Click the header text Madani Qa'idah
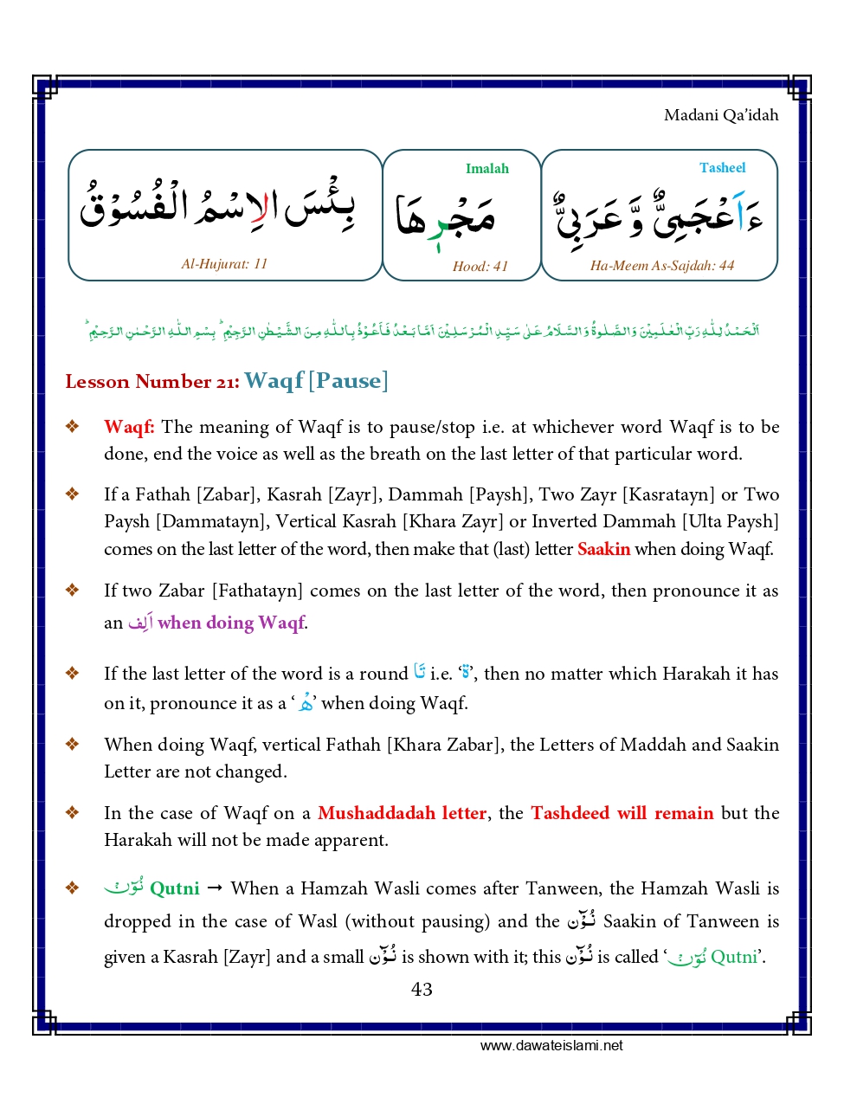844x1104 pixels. tap(720, 115)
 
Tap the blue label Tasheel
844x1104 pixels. tap(722, 168)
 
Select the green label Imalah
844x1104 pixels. tap(486, 169)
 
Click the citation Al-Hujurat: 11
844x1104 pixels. tap(224, 264)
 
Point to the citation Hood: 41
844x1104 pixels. tap(480, 267)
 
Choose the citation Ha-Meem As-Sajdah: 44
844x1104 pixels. tap(661, 266)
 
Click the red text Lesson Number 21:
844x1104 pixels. tap(152, 382)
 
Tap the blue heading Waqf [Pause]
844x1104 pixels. tap(316, 381)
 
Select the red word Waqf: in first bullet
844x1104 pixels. tap(129, 427)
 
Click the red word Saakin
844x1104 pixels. tap(603, 549)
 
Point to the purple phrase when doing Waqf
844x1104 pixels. tap(231, 623)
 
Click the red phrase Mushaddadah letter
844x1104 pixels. tap(402, 813)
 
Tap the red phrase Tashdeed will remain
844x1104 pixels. tap(622, 813)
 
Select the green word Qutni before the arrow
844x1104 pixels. tap(174, 888)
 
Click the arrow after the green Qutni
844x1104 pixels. tap(216, 888)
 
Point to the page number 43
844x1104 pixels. tap(422, 990)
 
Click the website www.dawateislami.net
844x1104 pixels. tap(551, 1046)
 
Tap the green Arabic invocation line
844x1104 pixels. tap(422, 330)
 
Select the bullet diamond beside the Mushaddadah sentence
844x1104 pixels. tap(73, 812)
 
